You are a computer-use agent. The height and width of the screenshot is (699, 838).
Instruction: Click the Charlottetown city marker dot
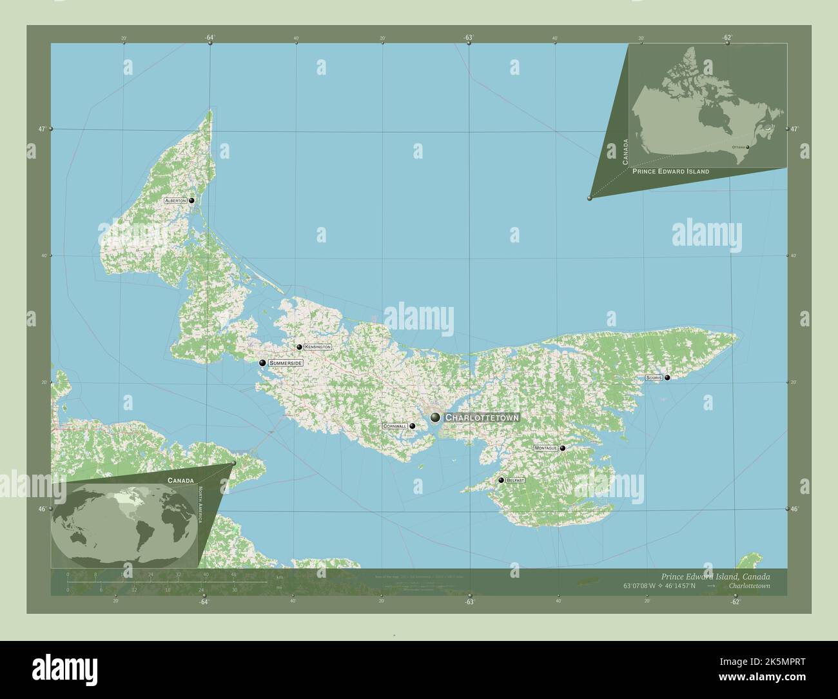pyautogui.click(x=436, y=417)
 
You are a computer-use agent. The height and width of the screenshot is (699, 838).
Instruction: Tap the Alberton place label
pyautogui.click(x=175, y=201)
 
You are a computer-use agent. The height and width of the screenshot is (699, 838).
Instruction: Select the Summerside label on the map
pyautogui.click(x=286, y=363)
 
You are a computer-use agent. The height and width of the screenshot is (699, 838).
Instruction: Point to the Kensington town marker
pyautogui.click(x=299, y=347)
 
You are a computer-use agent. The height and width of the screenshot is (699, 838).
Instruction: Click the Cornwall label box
pyautogui.click(x=395, y=426)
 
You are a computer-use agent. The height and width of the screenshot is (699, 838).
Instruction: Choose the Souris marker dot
pyautogui.click(x=667, y=377)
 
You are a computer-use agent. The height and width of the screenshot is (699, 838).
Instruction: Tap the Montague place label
pyautogui.click(x=545, y=448)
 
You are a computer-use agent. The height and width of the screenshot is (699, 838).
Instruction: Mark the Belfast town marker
pyautogui.click(x=501, y=480)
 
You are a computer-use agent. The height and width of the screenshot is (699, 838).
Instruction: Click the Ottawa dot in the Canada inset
pyautogui.click(x=748, y=147)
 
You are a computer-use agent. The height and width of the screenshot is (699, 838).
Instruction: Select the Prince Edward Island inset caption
pyautogui.click(x=670, y=172)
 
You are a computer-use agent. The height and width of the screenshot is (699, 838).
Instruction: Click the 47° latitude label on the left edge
pyautogui.click(x=41, y=129)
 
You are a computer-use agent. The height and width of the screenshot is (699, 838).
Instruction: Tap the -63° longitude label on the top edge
pyautogui.click(x=469, y=37)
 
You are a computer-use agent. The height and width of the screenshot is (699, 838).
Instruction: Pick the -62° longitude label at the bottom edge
pyautogui.click(x=735, y=602)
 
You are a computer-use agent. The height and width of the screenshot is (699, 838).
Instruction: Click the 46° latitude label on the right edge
pyautogui.click(x=795, y=509)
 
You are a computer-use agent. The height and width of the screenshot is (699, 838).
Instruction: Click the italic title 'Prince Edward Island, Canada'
pyautogui.click(x=715, y=576)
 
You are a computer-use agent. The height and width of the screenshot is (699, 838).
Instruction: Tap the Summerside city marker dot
pyautogui.click(x=262, y=363)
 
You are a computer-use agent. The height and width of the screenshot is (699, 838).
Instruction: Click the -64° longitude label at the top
pyautogui.click(x=209, y=37)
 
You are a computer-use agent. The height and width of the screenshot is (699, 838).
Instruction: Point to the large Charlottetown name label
pyautogui.click(x=482, y=418)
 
